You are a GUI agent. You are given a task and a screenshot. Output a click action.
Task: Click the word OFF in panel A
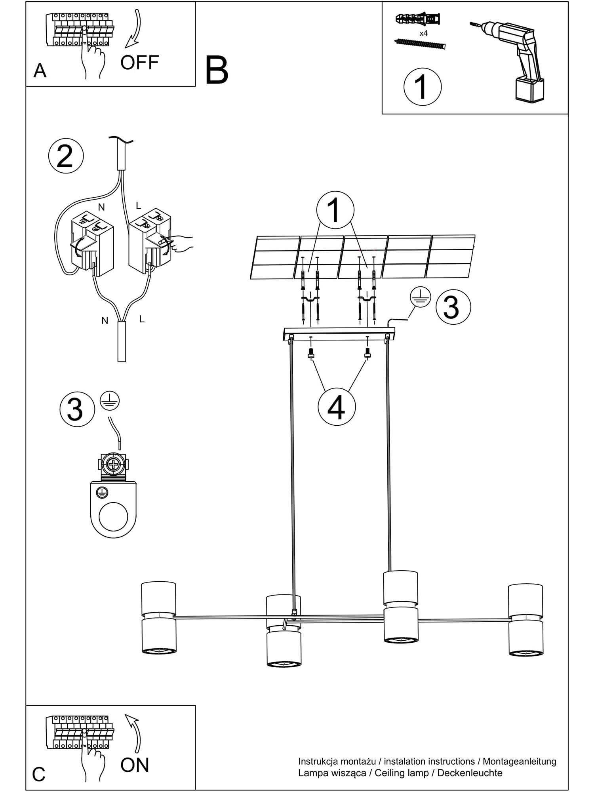(x=139, y=63)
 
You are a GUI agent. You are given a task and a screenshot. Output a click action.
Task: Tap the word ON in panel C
(x=135, y=765)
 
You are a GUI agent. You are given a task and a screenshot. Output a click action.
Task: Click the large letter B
(x=217, y=70)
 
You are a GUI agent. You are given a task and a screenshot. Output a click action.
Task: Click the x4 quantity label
(x=423, y=33)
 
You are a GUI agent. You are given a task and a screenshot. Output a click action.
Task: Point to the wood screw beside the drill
(x=420, y=43)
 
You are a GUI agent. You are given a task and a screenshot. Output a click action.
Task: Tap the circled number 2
(x=66, y=156)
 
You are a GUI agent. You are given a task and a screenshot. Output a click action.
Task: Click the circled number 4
(x=337, y=407)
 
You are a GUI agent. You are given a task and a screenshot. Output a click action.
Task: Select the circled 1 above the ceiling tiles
(x=335, y=210)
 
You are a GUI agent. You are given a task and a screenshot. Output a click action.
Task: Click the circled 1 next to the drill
(x=423, y=87)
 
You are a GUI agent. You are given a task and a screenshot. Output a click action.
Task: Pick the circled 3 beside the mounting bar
(x=453, y=307)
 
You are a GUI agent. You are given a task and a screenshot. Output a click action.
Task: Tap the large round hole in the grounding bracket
(x=114, y=517)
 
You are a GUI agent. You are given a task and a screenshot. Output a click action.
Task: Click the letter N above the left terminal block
(x=101, y=207)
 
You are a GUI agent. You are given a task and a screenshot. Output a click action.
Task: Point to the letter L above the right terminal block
(x=138, y=206)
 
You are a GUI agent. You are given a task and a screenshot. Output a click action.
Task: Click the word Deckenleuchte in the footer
(x=470, y=773)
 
